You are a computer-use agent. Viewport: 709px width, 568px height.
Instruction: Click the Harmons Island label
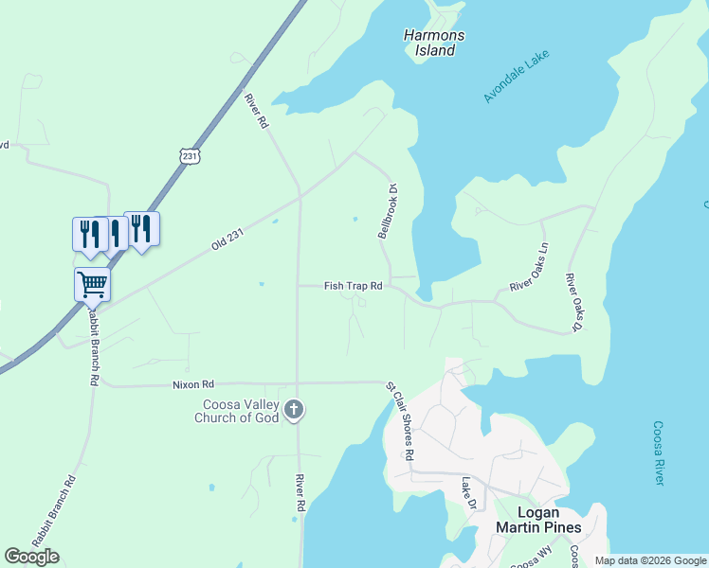[x=435, y=44]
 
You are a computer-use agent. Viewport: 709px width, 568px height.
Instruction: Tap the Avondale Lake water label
[x=517, y=76]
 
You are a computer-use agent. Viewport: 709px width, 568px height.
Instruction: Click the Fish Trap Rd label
[x=353, y=286]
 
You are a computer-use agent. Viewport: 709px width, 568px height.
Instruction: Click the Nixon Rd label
[x=193, y=385]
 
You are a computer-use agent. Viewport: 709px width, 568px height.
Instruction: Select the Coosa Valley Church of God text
[x=237, y=411]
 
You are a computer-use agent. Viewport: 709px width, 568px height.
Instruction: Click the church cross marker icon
[x=294, y=409]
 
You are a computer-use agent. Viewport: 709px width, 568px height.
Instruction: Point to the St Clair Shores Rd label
[x=400, y=421]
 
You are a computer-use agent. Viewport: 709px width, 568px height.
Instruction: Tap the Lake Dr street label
[x=466, y=491]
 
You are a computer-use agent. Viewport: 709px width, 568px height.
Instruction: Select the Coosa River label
[x=657, y=454]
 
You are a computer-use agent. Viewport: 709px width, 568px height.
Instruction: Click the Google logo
[x=32, y=557]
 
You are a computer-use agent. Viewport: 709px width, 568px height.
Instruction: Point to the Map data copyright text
[x=650, y=560]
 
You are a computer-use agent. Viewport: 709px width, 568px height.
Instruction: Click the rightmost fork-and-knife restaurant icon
[x=141, y=227]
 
